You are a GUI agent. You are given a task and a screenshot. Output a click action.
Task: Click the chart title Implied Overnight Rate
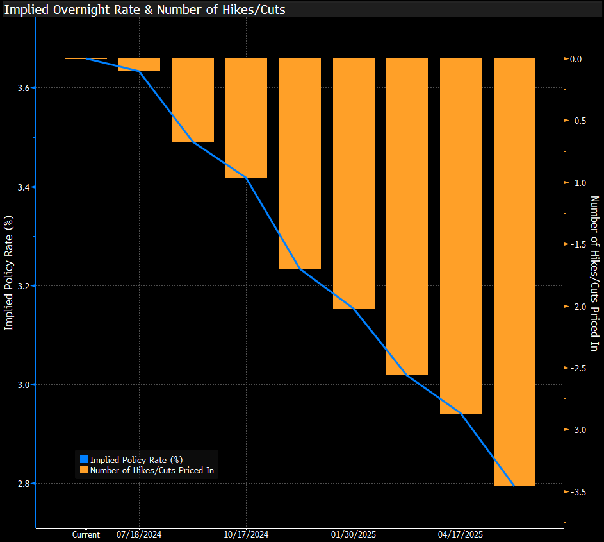pyautogui.click(x=145, y=10)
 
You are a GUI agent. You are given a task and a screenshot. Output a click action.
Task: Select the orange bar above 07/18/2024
pyautogui.click(x=139, y=65)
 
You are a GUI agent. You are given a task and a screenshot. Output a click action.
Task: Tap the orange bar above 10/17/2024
pyautogui.click(x=246, y=118)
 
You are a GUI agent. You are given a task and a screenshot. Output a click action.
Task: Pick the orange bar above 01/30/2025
pyautogui.click(x=354, y=183)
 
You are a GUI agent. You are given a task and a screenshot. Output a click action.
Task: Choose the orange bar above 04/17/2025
pyautogui.click(x=461, y=236)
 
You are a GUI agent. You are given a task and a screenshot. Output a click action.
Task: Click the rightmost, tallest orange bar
pyautogui.click(x=514, y=272)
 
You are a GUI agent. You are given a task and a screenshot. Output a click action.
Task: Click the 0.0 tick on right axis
pyautogui.click(x=576, y=59)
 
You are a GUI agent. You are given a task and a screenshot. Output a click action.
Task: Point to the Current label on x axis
pyautogui.click(x=86, y=534)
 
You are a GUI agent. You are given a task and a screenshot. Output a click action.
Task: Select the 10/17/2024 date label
pyautogui.click(x=246, y=534)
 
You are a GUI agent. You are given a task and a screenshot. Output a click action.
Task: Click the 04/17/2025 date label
pyautogui.click(x=461, y=534)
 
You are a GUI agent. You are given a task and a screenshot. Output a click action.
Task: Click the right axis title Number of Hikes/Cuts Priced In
pyautogui.click(x=594, y=274)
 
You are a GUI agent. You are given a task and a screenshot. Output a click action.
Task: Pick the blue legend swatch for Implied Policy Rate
pyautogui.click(x=84, y=459)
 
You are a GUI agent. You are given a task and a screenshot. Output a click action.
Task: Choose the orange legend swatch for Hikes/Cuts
pyautogui.click(x=84, y=470)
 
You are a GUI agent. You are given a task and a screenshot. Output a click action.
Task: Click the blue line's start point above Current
pyautogui.click(x=86, y=58)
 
